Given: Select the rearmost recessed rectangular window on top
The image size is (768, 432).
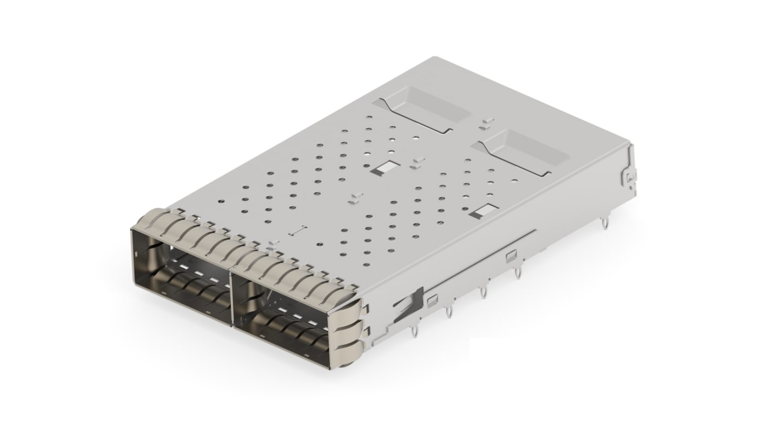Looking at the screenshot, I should coord(428,108).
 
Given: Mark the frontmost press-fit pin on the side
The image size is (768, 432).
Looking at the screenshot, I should coord(414,331).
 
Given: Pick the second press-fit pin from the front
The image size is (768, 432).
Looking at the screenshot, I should coord(448,313).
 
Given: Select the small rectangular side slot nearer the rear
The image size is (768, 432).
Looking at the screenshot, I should coord(510,254).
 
